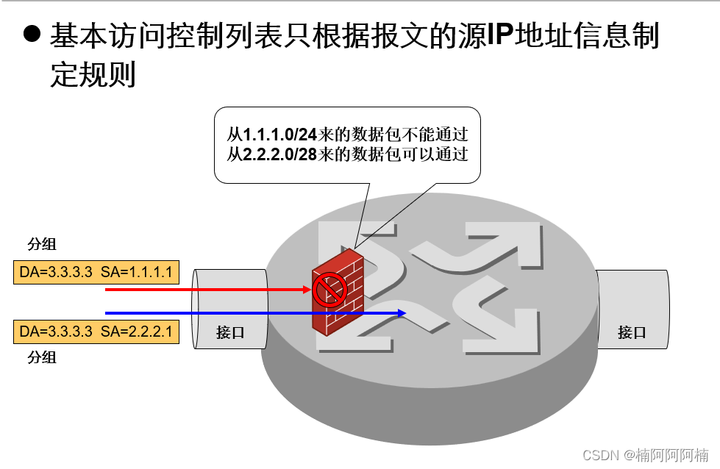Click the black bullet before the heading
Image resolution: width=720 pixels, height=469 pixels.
[x=31, y=34]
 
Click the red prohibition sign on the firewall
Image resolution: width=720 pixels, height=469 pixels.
[x=329, y=290]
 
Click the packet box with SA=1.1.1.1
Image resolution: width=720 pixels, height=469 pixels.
[x=96, y=273]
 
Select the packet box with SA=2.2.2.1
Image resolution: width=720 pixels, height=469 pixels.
[x=96, y=332]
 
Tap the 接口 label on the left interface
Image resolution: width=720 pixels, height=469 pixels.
[x=230, y=332]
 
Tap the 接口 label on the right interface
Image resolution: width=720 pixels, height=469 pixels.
[x=632, y=332]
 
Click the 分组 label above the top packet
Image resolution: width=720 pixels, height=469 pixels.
[x=42, y=245]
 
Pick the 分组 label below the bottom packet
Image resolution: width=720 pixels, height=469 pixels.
[x=42, y=358]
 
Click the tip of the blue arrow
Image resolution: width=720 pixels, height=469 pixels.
[x=404, y=313]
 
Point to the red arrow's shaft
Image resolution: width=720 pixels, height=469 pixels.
[x=206, y=290]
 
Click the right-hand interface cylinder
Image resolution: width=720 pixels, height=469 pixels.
[x=632, y=309]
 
